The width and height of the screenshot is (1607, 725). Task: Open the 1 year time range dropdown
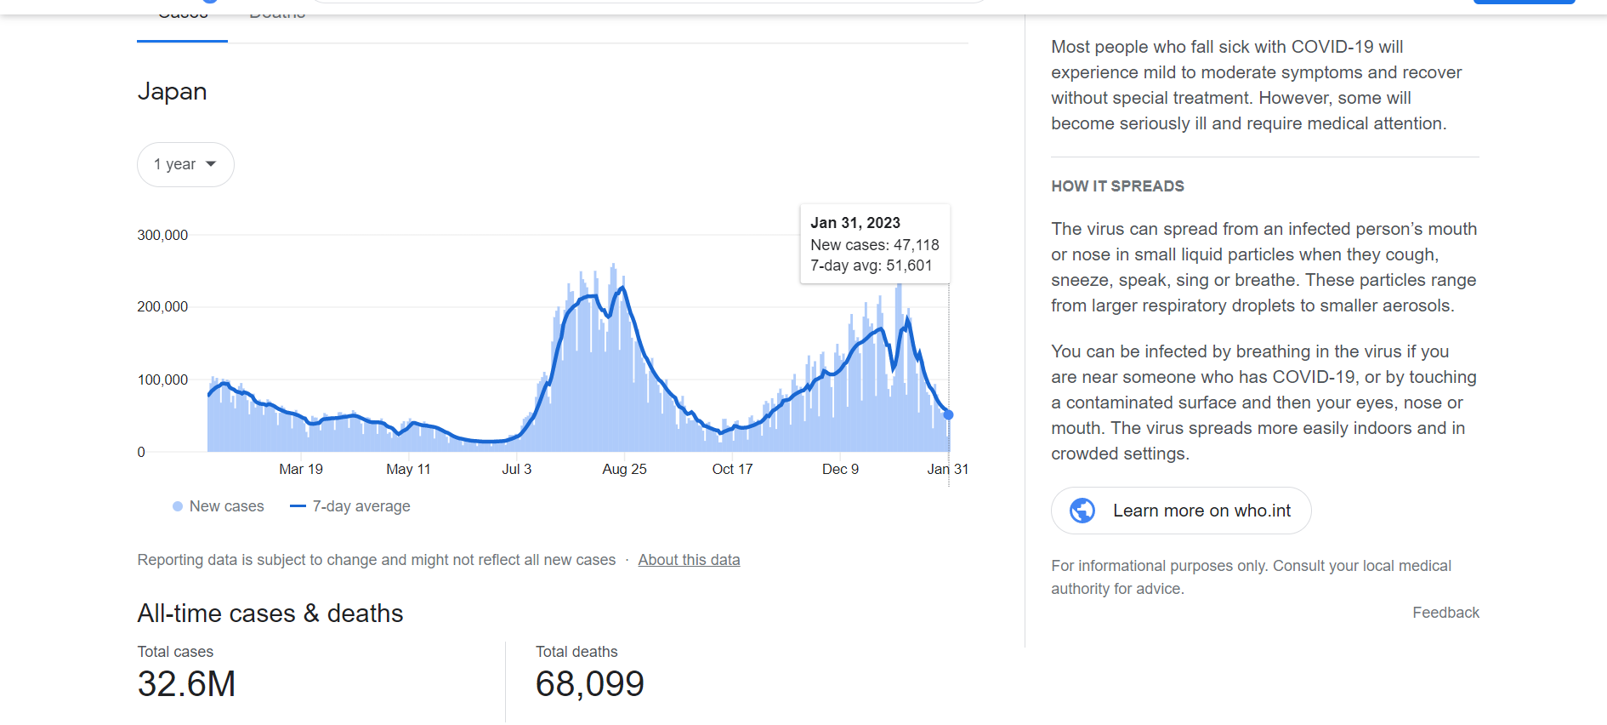coord(185,164)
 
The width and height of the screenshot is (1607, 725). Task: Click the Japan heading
coord(173,91)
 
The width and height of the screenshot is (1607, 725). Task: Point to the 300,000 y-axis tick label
coord(162,235)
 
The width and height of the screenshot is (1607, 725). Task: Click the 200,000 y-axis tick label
coord(162,306)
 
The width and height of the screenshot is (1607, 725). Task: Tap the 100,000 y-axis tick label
coord(162,380)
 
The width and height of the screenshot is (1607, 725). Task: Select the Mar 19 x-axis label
coord(301,469)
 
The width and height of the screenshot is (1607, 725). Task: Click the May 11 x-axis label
coord(408,469)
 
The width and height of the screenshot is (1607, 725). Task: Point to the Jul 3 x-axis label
coord(516,469)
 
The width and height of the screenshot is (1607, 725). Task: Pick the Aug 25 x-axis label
coord(624,469)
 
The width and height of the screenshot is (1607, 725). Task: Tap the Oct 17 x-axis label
coord(732,469)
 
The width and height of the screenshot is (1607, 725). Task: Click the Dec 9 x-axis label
coord(840,469)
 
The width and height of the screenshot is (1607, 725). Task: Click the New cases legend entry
coord(219,506)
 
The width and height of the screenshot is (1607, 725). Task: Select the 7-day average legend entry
coord(350,506)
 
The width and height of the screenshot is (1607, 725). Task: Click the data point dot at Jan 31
coord(949,414)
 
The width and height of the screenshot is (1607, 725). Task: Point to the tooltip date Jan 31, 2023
coord(855,223)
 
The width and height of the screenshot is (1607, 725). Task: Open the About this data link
coord(689,560)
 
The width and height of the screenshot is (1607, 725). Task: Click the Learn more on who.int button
coord(1181,511)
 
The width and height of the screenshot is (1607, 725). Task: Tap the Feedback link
coord(1445,613)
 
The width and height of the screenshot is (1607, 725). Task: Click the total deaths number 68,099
coord(590,684)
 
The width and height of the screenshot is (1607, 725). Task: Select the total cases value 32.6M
coord(187,684)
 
